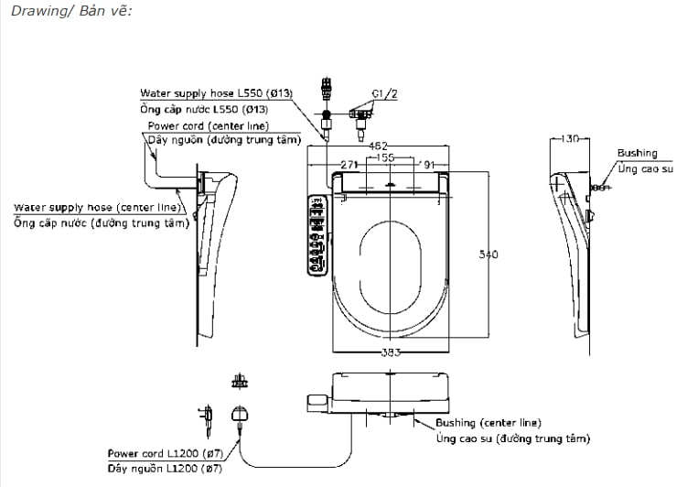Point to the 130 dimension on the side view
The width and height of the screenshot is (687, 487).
coord(569,139)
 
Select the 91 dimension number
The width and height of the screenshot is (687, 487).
coord(428,164)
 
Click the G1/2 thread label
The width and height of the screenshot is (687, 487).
coord(384,93)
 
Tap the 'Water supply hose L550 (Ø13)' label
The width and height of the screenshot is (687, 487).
coord(215,93)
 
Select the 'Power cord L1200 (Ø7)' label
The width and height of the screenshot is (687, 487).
coord(164,453)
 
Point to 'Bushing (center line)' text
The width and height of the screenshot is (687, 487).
coord(488,423)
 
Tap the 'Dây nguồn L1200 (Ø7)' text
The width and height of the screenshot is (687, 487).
coord(164,468)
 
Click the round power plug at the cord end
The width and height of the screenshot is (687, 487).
coord(242,414)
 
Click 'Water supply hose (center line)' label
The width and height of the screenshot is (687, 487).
coord(96,208)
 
